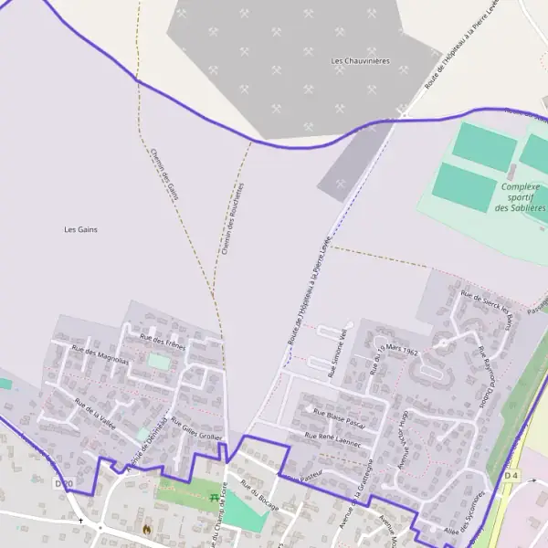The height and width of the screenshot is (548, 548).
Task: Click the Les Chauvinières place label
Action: point(360,61)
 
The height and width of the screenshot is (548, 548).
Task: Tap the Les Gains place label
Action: point(80,229)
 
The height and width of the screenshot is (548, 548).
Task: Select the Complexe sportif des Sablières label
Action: point(520,197)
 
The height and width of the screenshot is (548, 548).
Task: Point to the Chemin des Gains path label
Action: point(163,174)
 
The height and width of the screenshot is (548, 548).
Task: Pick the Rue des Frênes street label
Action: point(163,342)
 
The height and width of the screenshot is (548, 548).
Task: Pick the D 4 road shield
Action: point(511,476)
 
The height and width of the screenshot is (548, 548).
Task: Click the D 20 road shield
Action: point(63,483)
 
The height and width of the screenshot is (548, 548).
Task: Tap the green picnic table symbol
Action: point(215,498)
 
